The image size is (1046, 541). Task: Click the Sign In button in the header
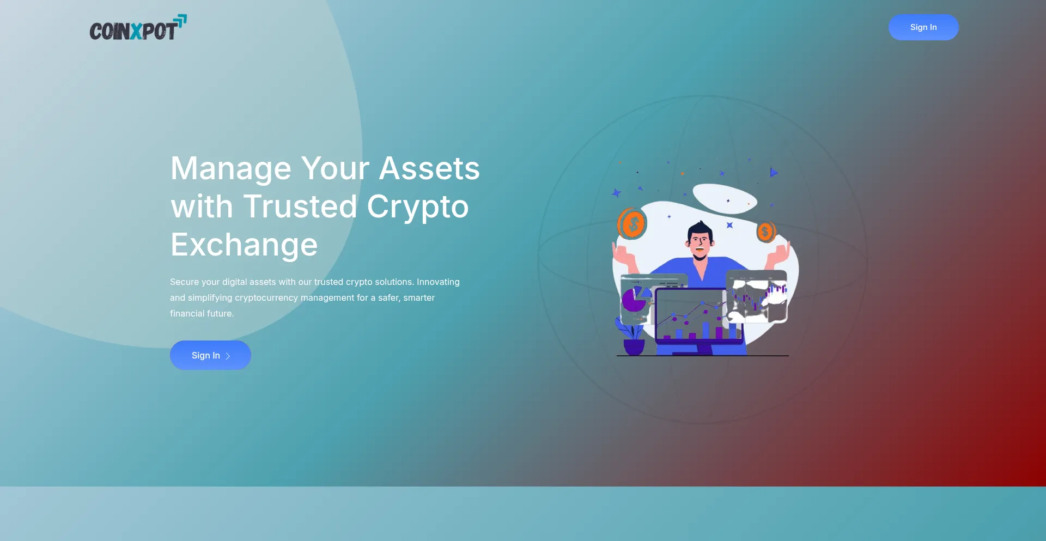(923, 27)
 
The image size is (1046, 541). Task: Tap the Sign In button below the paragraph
(210, 355)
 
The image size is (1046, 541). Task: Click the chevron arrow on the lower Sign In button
(228, 356)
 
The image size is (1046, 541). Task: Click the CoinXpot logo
(138, 28)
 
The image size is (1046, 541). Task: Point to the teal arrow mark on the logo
(180, 21)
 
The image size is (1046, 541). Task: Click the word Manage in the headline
(231, 169)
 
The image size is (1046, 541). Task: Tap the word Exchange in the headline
(244, 245)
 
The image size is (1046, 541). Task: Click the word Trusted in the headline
(300, 206)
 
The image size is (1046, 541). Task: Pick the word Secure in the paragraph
(184, 282)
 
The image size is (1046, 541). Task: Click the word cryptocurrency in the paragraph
(266, 298)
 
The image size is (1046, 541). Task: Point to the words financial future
(202, 314)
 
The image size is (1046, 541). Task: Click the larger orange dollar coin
(632, 223)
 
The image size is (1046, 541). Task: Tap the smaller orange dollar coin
(765, 232)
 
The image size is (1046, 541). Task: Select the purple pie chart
(634, 300)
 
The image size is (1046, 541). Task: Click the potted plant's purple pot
(634, 347)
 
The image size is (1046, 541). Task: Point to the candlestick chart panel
(758, 296)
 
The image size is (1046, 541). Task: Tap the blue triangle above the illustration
(774, 172)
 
